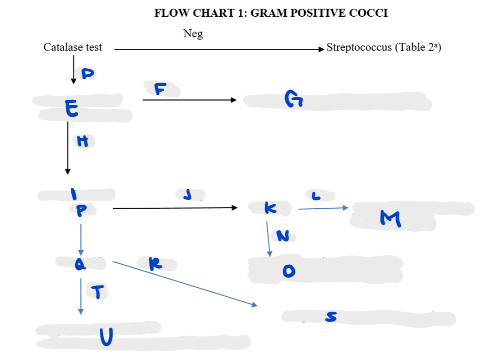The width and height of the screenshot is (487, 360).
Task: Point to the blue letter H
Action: click(x=82, y=142)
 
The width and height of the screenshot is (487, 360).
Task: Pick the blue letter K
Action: click(x=270, y=208)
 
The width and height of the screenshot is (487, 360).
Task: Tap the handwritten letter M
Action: click(x=390, y=219)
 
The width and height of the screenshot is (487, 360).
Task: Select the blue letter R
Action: click(x=155, y=263)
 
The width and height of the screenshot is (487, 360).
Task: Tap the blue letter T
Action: click(x=99, y=293)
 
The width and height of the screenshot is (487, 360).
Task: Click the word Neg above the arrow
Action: click(x=193, y=33)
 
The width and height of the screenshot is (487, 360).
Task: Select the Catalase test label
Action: click(x=73, y=47)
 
